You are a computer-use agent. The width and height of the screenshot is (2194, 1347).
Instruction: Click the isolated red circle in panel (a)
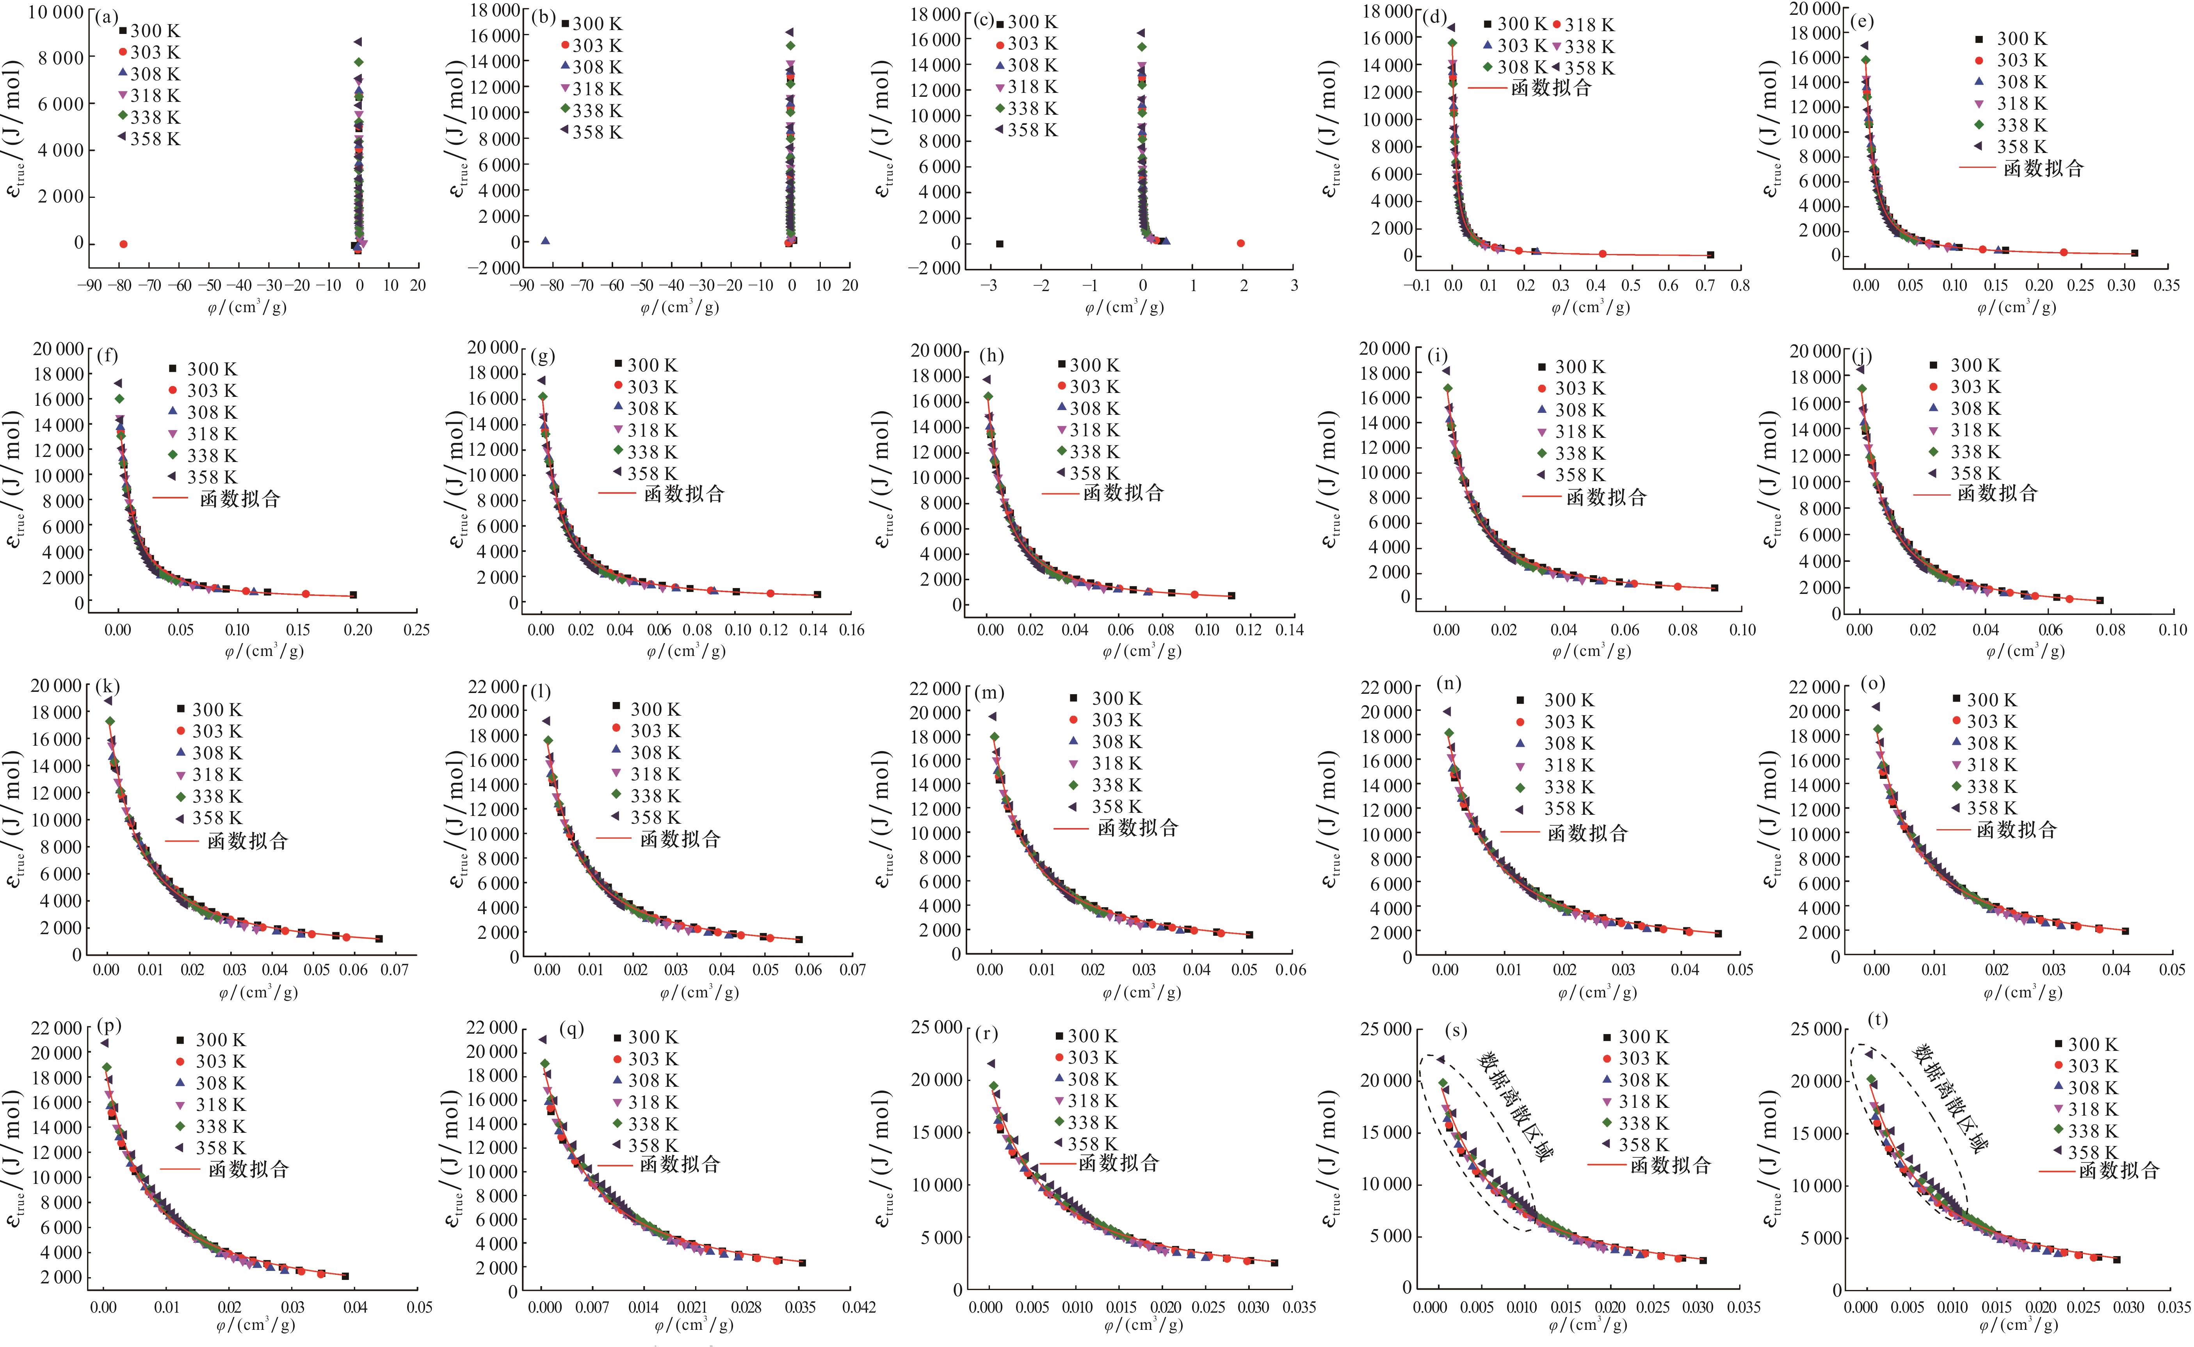123,243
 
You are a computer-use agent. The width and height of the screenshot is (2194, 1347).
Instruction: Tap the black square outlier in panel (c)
999,243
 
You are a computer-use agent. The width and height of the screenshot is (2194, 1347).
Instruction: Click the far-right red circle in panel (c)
1240,243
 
